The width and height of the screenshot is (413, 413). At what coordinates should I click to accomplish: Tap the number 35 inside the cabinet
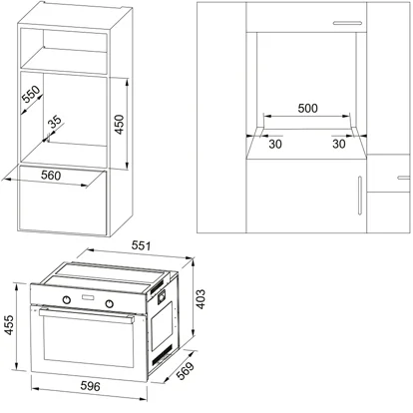click(x=54, y=122)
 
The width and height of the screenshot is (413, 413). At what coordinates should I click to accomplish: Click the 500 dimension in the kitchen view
click(x=307, y=108)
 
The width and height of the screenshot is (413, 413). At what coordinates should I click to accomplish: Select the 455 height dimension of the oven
click(x=10, y=327)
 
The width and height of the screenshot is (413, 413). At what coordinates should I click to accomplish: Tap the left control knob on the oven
click(x=67, y=300)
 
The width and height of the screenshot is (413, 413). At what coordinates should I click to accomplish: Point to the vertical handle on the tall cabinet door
click(x=358, y=194)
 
